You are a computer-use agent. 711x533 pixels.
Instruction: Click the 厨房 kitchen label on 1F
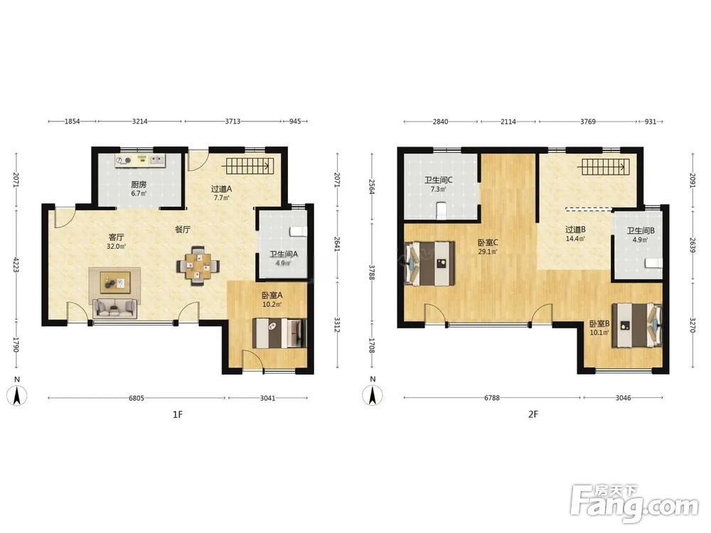(139, 185)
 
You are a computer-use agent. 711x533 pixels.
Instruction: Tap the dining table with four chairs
(198, 266)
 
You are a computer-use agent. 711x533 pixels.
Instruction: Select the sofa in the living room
(114, 308)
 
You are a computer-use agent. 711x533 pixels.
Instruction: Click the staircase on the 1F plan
(248, 166)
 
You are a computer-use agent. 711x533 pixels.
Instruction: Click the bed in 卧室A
(279, 333)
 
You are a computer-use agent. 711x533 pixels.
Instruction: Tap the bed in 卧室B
(636, 325)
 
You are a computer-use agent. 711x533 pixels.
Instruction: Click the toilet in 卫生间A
(298, 232)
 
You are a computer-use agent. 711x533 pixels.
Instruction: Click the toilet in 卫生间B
(653, 263)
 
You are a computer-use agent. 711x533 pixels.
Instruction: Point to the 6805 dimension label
(137, 399)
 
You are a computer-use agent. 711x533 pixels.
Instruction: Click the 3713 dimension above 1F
(232, 122)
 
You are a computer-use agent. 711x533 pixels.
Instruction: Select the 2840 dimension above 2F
(440, 122)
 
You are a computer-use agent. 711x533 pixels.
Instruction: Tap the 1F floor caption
(177, 414)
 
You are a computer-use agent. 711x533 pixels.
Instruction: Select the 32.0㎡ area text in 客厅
(116, 247)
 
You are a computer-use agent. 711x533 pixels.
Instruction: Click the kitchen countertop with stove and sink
(141, 160)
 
